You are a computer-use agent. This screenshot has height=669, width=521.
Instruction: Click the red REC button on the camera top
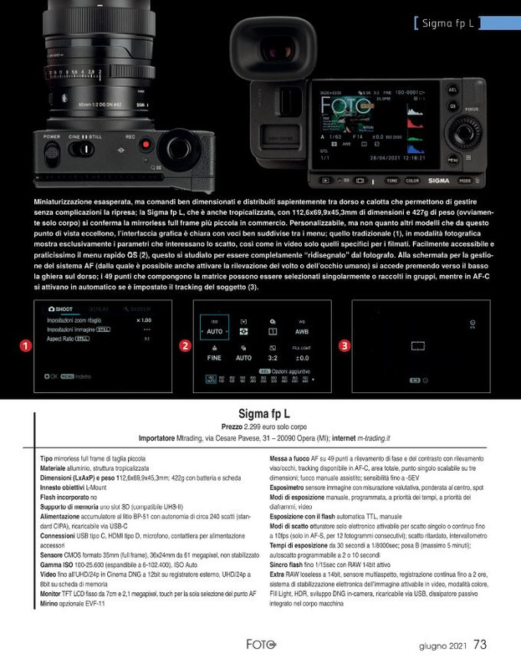146,145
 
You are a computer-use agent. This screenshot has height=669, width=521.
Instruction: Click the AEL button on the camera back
452,89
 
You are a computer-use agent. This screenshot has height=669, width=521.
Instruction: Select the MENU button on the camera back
452,159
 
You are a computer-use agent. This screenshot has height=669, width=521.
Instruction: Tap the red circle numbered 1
26,345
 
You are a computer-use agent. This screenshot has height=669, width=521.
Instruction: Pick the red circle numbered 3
344,345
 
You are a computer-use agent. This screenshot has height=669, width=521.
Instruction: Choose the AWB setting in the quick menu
302,331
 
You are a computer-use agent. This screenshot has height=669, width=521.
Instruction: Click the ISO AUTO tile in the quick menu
213,331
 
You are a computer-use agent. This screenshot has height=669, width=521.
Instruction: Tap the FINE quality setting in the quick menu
213,357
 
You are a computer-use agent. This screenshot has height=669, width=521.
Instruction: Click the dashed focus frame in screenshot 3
419,345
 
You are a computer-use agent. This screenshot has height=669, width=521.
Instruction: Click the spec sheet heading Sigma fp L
264,413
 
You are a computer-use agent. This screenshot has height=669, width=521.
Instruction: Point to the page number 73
480,645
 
